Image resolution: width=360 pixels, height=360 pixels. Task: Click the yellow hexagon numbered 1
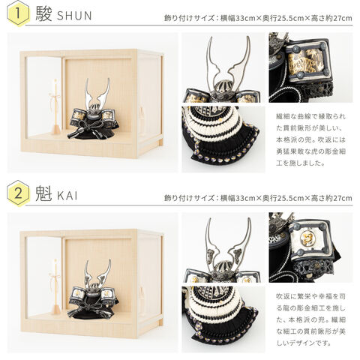coord(18,13)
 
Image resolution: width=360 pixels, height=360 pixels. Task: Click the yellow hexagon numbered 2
coord(18,193)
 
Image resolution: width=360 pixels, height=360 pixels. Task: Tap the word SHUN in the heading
coord(74,16)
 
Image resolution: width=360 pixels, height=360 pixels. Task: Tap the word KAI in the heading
coord(67,196)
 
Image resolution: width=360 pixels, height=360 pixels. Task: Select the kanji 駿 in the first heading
coord(43,14)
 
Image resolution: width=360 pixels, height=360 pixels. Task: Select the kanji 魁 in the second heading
coord(43,193)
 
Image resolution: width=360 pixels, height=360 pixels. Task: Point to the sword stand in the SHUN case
coord(55,107)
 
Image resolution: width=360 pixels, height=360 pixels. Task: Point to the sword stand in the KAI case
coord(55,287)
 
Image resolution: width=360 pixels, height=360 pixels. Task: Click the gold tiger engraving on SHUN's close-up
coord(304,61)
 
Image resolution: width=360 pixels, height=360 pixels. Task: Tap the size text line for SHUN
coord(258,18)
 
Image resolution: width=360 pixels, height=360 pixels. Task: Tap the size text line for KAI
coord(258,198)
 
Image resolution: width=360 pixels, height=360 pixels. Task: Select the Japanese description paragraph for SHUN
coord(310,140)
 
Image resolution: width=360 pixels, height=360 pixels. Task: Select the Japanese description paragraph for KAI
coord(310,319)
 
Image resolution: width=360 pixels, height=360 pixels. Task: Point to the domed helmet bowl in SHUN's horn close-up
coord(223,88)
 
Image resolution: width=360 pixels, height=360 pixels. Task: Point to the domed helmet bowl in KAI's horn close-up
coord(223,268)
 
